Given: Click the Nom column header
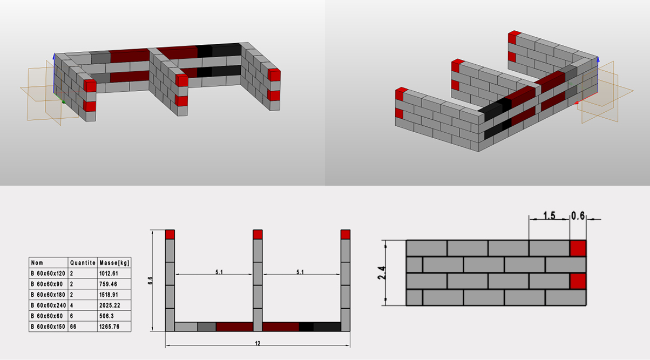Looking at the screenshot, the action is coord(37,263).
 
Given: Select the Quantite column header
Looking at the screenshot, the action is coord(83,263).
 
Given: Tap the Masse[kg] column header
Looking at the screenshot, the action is coord(114,263).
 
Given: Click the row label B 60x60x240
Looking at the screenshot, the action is coord(48,305).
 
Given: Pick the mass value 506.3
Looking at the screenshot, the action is coord(106,316).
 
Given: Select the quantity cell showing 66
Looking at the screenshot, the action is coord(73,327).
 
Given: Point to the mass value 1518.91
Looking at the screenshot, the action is coord(109,295).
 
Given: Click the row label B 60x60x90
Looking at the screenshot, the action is coord(47,284).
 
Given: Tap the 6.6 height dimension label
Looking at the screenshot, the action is coord(150,281).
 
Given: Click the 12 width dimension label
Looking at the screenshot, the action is coord(258,343).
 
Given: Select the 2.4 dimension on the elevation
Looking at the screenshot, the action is coord(382,273).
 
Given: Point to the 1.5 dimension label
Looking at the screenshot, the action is coord(549,216).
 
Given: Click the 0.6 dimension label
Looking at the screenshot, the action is coord(578,216).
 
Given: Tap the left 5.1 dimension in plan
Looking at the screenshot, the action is coord(219,272).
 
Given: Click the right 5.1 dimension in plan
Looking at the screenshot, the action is coord(300,272).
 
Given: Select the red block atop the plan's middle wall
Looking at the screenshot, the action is coord(258,234).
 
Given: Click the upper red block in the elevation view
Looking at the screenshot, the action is coord(578,248).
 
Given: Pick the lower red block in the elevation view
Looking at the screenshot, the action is coord(578,281).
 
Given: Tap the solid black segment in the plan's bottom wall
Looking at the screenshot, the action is coord(306,327).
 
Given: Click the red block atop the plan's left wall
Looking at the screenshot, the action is coord(170,234).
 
